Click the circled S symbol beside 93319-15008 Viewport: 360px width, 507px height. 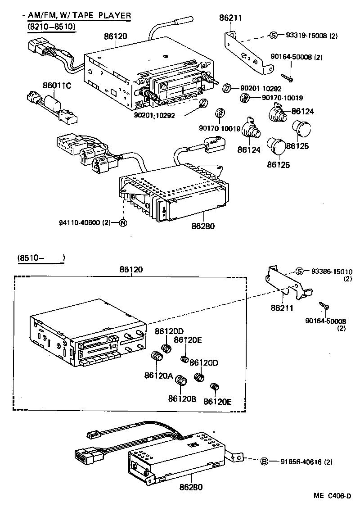pos(273,35)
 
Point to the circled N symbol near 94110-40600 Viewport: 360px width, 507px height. pos(122,222)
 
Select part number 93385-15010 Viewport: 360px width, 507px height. pos(332,272)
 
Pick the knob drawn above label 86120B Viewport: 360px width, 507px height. pos(181,380)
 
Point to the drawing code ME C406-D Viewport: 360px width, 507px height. pos(332,496)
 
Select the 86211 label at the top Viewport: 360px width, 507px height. pos(230,18)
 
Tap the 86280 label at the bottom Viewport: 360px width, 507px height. pos(191,487)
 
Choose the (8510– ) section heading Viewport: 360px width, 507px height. pos(41,258)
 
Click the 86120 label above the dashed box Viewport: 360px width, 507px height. pos(131,270)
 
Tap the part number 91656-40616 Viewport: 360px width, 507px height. pos(306,462)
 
